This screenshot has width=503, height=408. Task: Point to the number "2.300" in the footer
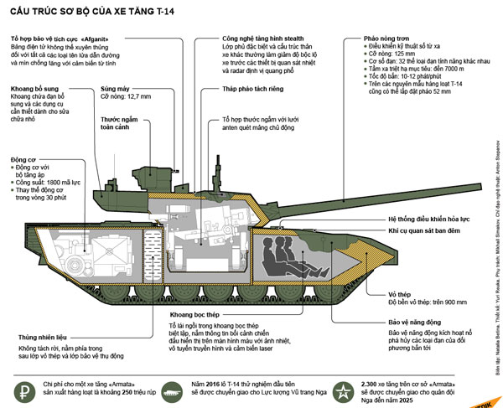[375, 380]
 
